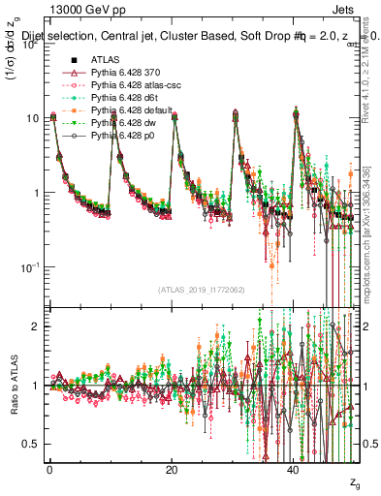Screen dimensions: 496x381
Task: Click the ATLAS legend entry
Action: (x=105, y=60)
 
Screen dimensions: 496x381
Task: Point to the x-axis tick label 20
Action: (x=172, y=470)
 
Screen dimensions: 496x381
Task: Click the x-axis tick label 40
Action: (x=294, y=470)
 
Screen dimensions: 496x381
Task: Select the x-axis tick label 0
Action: (x=49, y=470)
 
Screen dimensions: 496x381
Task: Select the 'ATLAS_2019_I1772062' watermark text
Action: (x=201, y=290)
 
